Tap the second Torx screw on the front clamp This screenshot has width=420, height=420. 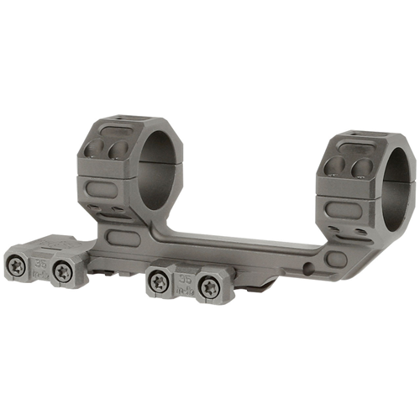62,270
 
